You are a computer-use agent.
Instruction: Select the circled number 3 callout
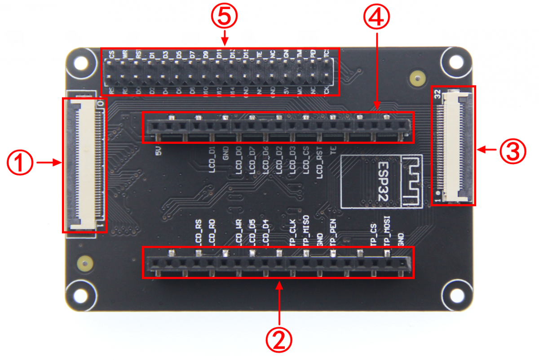point(512,151)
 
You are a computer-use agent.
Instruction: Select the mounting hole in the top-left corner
point(81,62)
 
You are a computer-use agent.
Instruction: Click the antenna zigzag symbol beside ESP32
point(412,180)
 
